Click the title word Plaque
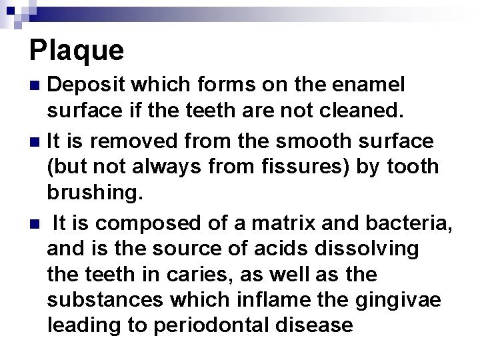[77, 50]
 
